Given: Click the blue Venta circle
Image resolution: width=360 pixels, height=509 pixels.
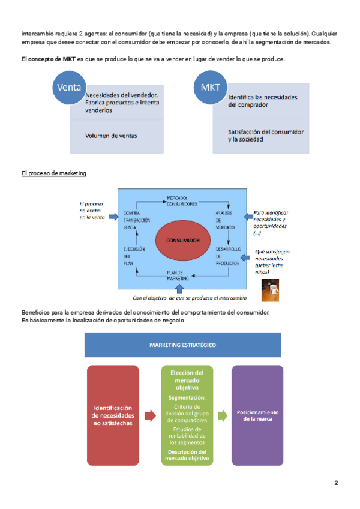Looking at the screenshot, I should (69, 88).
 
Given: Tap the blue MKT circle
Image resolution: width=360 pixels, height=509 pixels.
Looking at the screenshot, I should (211, 88).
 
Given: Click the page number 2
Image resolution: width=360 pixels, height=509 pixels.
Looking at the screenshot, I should (337, 483).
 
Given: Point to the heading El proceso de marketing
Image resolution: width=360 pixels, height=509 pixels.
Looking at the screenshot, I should (54, 173).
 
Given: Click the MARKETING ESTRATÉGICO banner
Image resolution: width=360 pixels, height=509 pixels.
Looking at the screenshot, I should (182, 345).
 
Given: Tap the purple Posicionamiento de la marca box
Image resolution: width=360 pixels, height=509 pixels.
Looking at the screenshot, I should (257, 415).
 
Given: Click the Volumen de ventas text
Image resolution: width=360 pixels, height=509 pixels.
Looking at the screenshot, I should (111, 136).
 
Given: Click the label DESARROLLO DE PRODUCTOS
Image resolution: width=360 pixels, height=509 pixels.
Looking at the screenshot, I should (228, 254).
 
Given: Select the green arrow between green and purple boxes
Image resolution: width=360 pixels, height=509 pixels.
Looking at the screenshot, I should (222, 415).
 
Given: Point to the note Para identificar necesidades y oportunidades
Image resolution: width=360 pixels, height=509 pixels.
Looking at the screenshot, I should (271, 221).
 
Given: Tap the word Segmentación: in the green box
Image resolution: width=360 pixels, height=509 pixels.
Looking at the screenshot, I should (187, 397).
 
